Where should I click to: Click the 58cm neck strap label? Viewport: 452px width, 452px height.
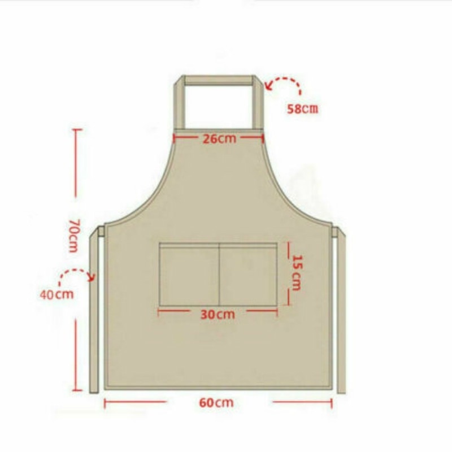tap(303, 108)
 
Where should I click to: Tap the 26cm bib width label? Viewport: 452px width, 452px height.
tap(219, 138)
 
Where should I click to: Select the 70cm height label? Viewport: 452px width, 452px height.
tap(74, 236)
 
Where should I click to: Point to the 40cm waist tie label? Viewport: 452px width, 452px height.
tap(57, 294)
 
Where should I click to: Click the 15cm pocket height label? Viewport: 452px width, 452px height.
tap(297, 273)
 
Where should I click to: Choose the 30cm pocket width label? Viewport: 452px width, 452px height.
tap(218, 315)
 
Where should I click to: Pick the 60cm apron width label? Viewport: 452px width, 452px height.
tap(216, 402)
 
